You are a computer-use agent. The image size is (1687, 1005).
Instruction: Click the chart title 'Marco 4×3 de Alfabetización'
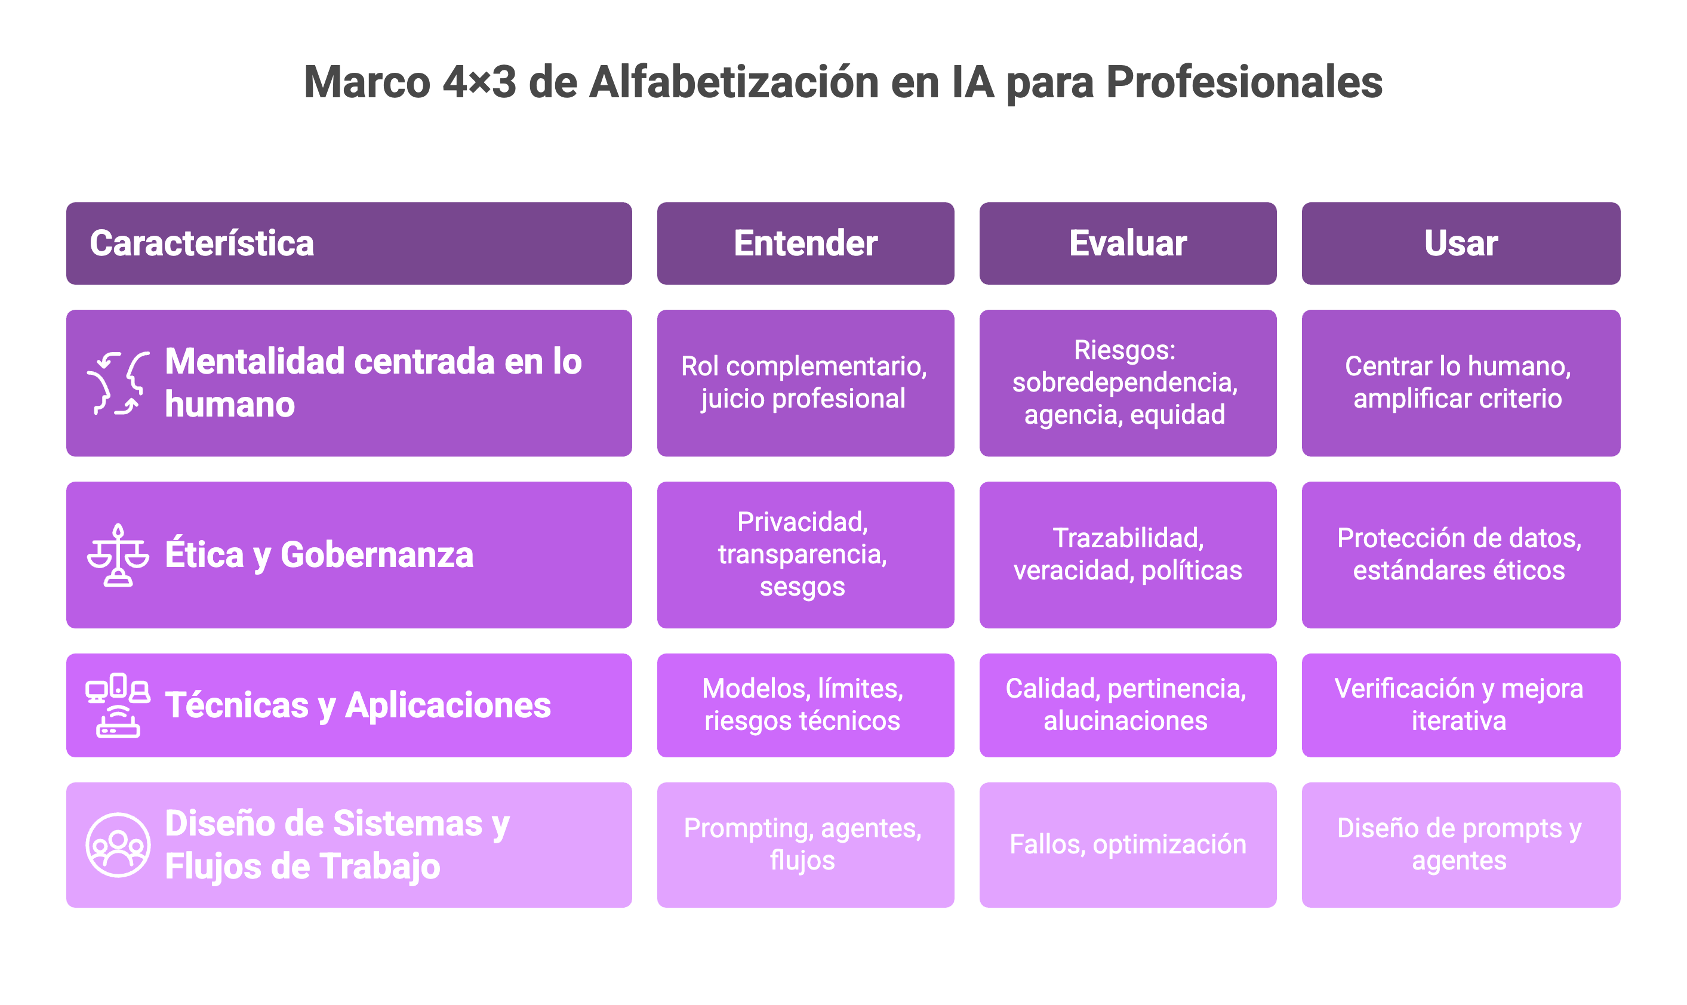coord(842,82)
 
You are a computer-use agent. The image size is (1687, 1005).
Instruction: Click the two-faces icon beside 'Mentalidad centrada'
coord(118,383)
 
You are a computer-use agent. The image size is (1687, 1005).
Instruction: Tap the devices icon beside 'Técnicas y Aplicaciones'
coord(118,705)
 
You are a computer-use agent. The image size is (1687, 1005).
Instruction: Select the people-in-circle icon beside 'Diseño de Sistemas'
coord(118,844)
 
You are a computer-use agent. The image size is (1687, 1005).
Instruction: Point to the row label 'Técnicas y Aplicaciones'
coord(358,705)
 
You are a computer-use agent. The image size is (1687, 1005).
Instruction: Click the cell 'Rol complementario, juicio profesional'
coord(804,383)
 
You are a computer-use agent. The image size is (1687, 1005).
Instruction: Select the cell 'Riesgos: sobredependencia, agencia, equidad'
coord(1125,383)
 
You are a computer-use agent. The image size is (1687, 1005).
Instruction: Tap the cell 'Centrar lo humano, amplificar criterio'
coord(1458,383)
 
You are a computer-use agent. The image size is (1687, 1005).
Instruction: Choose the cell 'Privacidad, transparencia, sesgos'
coord(802,554)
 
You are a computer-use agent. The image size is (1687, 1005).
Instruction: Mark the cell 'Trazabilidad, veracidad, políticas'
coord(1128,554)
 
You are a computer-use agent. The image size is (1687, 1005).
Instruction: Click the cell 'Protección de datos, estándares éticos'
coord(1459,554)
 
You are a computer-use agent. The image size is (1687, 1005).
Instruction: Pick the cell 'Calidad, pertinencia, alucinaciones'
coord(1126,705)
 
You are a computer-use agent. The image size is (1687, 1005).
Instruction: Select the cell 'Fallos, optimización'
coord(1128,844)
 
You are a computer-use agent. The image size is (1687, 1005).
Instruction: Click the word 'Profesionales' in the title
coord(1244,82)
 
